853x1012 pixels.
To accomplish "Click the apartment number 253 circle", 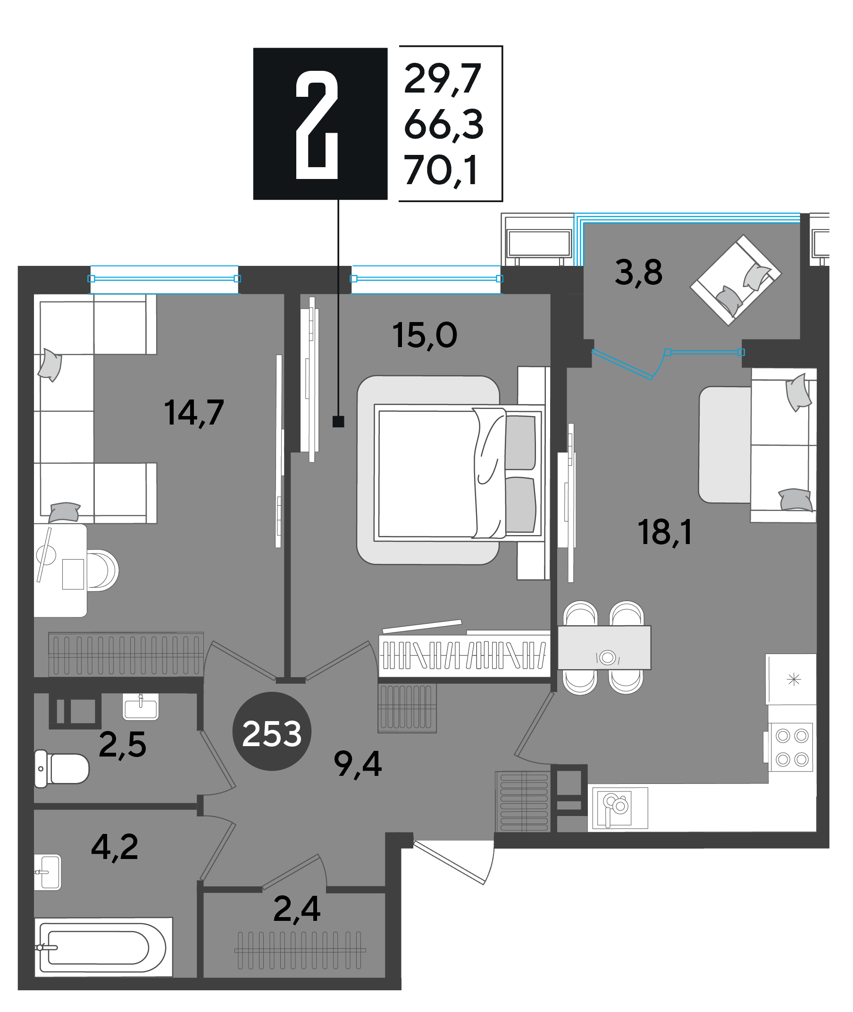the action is tap(272, 731).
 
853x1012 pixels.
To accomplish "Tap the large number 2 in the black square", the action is tap(317, 124).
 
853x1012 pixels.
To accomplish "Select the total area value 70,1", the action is tap(442, 170).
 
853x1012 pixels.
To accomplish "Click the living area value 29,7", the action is tap(443, 79).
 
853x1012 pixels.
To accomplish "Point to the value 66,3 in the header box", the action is tap(443, 125).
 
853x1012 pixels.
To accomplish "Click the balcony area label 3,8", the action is tap(639, 272).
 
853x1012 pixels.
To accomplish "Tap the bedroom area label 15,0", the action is tap(425, 335).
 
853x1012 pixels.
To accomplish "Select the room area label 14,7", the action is tap(194, 412).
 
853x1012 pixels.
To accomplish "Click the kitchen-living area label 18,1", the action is tap(665, 532).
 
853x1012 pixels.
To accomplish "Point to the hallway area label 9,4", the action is tap(358, 764).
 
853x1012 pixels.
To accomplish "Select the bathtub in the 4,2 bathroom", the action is tap(103, 947).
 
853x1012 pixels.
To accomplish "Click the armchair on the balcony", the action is tap(736, 280).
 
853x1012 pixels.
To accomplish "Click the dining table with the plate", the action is tap(604, 647).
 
